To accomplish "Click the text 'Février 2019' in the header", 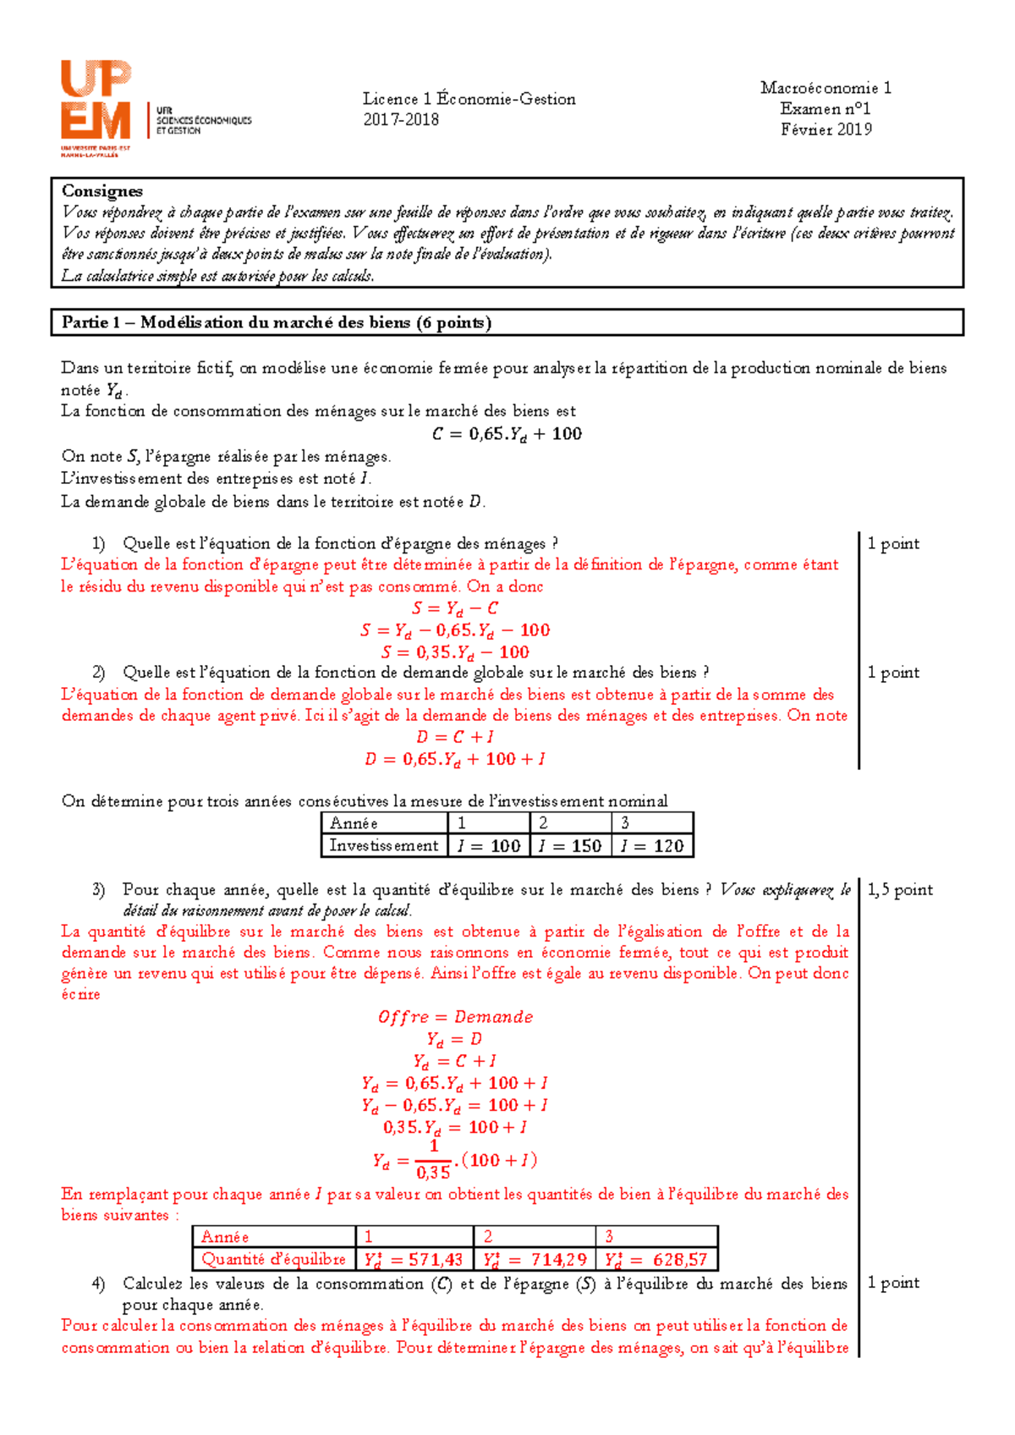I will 826,129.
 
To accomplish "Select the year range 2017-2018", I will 401,120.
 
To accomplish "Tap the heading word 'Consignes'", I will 102,191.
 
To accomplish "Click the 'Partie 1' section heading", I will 276,322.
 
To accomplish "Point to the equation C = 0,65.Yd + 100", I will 507,434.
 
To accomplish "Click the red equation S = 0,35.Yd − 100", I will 455,652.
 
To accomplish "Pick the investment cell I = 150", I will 570,845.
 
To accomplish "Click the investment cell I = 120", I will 651,845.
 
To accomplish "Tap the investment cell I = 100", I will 489,845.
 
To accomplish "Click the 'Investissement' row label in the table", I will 384,845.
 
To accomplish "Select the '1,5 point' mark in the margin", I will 900,890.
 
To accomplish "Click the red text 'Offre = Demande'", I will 455,1017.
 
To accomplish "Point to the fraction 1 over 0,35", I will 433,1160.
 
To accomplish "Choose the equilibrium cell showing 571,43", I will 414,1259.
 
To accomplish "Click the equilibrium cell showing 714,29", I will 535,1259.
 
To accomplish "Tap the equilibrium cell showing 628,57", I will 656,1259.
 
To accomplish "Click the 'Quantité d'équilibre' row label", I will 273,1259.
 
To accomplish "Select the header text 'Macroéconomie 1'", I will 826,88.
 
